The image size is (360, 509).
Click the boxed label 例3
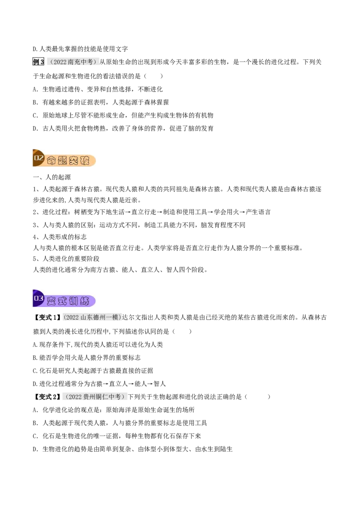click(x=38, y=62)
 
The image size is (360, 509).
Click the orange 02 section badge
click(x=39, y=158)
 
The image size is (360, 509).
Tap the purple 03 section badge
click(x=39, y=298)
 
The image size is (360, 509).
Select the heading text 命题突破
click(x=68, y=161)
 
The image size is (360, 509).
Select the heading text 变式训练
click(x=68, y=301)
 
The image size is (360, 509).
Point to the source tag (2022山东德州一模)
click(x=92, y=317)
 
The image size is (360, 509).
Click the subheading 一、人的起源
click(x=52, y=177)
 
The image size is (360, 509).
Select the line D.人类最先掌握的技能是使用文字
click(x=81, y=49)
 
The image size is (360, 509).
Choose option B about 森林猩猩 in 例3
click(x=101, y=102)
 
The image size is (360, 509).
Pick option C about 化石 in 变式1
click(x=93, y=371)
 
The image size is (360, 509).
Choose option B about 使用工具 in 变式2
click(x=120, y=423)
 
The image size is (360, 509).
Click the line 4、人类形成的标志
click(x=60, y=237)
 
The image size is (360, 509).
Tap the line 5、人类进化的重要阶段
click(x=66, y=259)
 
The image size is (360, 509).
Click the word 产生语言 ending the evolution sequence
click(x=258, y=212)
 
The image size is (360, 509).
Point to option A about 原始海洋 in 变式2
click(x=114, y=410)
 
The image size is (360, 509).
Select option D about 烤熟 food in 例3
click(x=123, y=129)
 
